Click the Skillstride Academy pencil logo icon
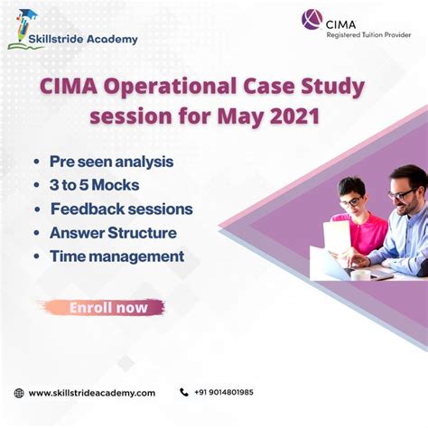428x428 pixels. [x=23, y=29]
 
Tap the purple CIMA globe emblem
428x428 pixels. [x=312, y=20]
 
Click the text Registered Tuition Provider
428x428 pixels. [x=368, y=35]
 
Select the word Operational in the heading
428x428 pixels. [x=171, y=88]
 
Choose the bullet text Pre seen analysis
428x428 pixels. [x=111, y=162]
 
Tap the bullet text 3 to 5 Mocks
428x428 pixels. [x=95, y=185]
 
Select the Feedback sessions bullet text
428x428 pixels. [x=122, y=209]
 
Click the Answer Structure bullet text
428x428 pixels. [x=113, y=233]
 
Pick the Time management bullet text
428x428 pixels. [x=117, y=256]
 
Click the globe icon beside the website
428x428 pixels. [x=19, y=393]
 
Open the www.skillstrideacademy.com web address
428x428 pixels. [x=92, y=393]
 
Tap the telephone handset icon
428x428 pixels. [x=184, y=392]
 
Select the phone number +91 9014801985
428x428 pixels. [x=224, y=393]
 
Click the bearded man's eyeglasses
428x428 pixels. [x=402, y=194]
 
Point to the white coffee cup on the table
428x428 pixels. [x=360, y=274]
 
